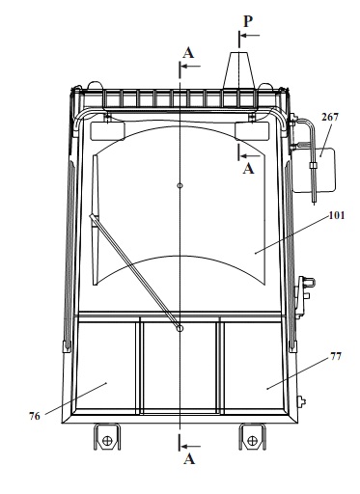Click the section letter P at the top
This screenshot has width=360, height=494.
[248, 22]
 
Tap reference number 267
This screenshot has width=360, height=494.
[330, 117]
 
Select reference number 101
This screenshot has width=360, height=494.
[337, 215]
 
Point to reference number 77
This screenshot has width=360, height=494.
[336, 356]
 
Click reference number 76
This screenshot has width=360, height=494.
[35, 416]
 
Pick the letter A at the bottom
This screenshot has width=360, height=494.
[189, 458]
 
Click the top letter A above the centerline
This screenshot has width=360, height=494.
[188, 53]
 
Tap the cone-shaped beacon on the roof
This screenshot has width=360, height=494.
[239, 70]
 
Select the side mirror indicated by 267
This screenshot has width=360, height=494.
[314, 170]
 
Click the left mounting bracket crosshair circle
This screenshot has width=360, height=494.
[107, 440]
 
